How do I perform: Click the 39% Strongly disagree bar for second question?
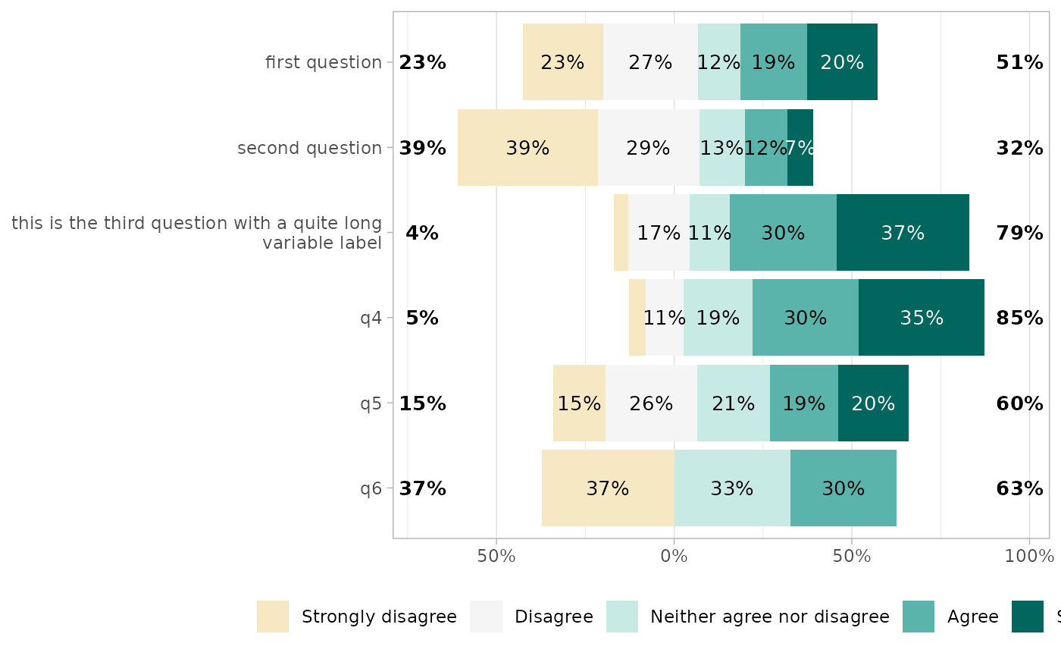tap(527, 148)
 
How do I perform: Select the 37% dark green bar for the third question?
tap(903, 233)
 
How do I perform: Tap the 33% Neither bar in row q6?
tap(732, 488)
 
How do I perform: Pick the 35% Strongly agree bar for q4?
tap(922, 318)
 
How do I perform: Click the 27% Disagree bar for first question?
tap(650, 62)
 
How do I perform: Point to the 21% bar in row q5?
tap(734, 403)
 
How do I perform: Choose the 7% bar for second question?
tap(800, 148)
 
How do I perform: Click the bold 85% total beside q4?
tap(1019, 319)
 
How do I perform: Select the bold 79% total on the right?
tap(1019, 233)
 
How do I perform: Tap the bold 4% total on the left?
tap(422, 233)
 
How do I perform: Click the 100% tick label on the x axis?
tap(1029, 556)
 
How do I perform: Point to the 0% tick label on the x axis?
tap(674, 556)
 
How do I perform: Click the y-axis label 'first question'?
tap(324, 62)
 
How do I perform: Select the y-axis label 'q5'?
tap(371, 403)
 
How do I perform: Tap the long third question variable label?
tap(196, 233)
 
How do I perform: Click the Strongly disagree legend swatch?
tap(273, 617)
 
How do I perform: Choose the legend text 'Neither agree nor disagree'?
tap(769, 617)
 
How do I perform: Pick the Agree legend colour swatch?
tap(919, 617)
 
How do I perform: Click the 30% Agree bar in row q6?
tap(843, 488)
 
